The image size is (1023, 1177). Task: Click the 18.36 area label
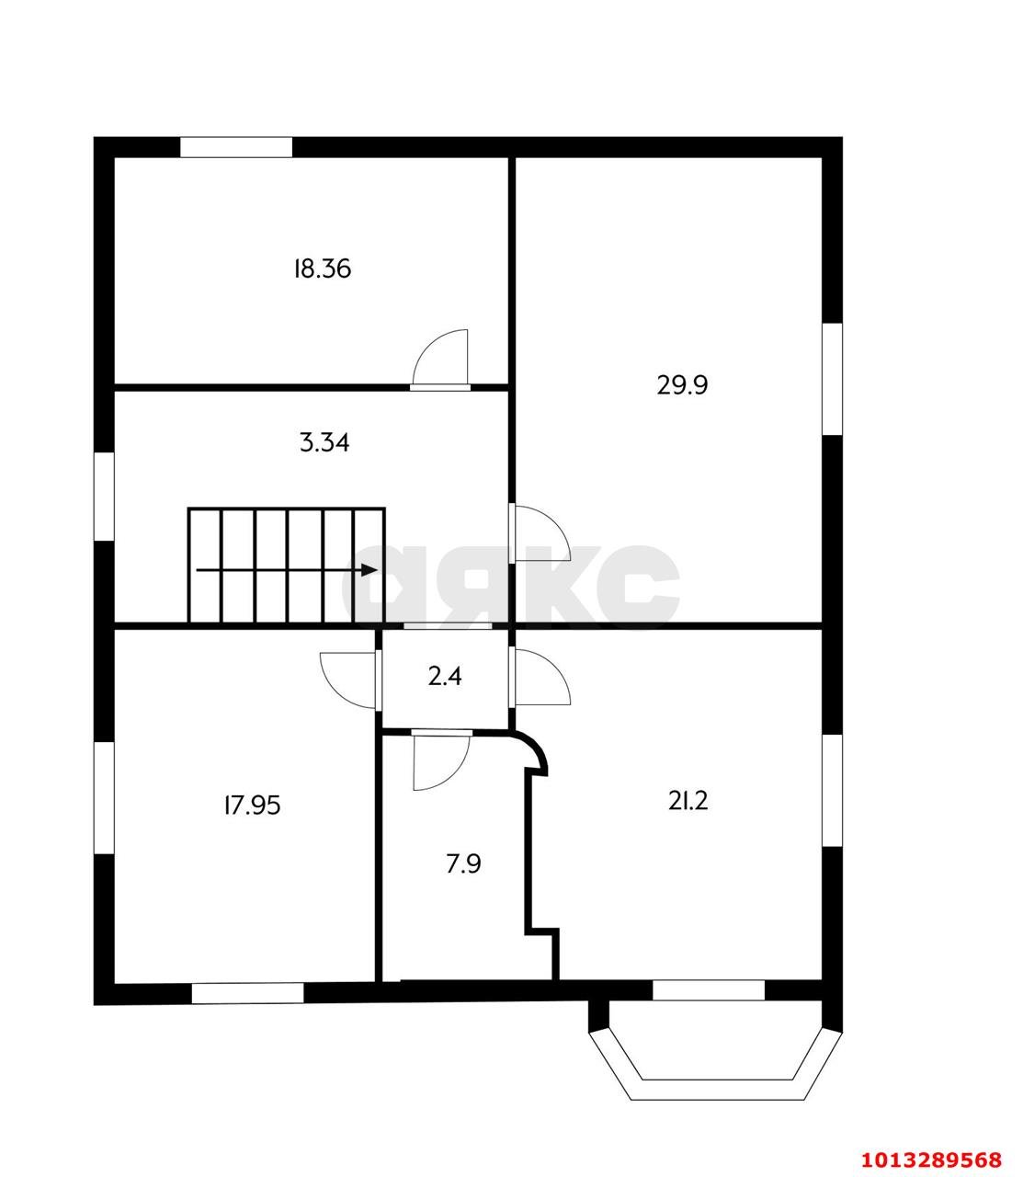coord(322,269)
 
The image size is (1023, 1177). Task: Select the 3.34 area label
coord(324,443)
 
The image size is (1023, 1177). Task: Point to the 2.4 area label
coord(445,677)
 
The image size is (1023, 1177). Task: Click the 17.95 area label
coord(252,806)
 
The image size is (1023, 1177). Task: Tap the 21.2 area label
coord(688,801)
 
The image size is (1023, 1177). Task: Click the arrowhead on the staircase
coord(369,570)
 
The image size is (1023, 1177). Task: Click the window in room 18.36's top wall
coord(236,147)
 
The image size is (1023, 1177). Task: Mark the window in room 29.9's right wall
coord(832,379)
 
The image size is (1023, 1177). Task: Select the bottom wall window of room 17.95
coord(247,993)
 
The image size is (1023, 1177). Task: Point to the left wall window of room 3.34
coord(104,496)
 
